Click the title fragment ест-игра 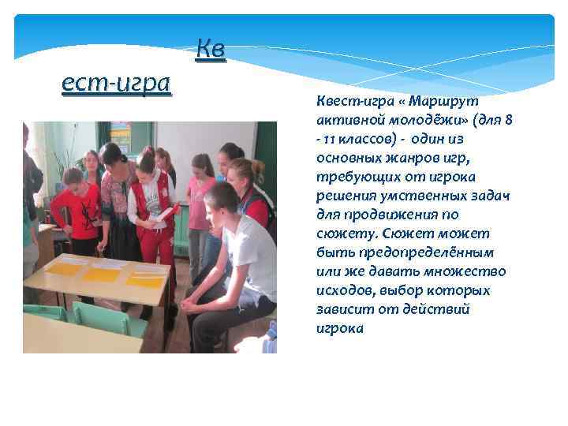pyautogui.click(x=116, y=82)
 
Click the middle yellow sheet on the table pyautogui.click(x=102, y=274)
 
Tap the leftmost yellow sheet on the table pyautogui.click(x=65, y=268)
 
